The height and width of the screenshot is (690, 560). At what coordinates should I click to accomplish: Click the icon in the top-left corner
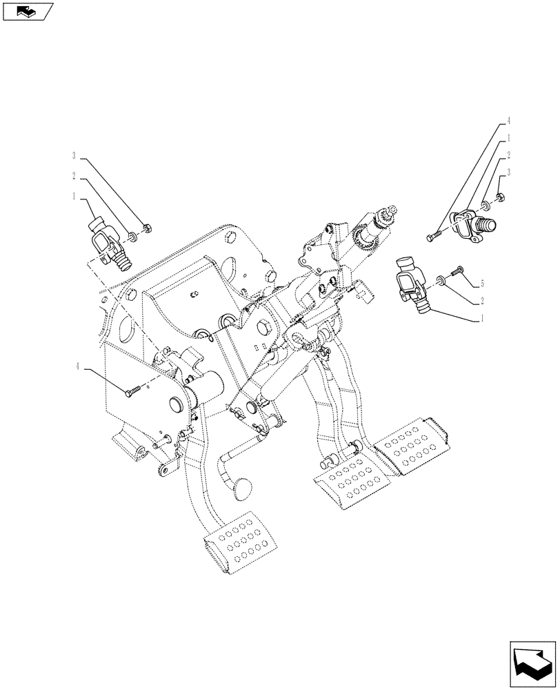(27, 11)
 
